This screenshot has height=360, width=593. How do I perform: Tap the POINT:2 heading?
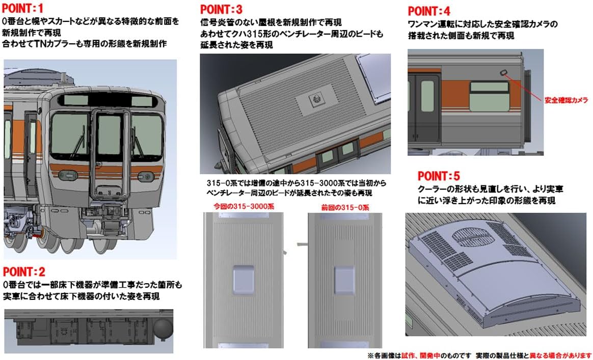(24, 271)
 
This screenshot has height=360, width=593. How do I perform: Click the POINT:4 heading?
(429, 11)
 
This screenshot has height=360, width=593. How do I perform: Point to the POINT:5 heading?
(439, 176)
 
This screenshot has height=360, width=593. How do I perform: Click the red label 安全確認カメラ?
(566, 100)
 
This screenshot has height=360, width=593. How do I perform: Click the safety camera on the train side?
(503, 73)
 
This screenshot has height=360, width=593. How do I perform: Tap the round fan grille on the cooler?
(473, 236)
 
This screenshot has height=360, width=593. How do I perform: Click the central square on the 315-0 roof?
(344, 278)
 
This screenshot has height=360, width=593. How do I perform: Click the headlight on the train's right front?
(146, 176)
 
